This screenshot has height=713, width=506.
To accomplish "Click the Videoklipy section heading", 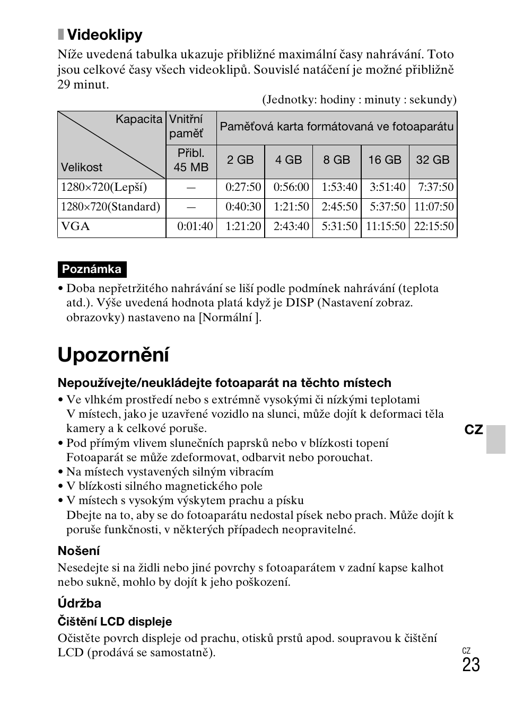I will click(x=104, y=35).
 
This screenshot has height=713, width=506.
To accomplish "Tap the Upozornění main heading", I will click(x=114, y=355).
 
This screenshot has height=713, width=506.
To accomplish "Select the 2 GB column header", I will click(x=240, y=160).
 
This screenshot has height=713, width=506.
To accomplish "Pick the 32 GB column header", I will click(x=432, y=160).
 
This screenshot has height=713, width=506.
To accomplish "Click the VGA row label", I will click(x=75, y=227).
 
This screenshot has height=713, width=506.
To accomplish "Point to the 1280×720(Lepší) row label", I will click(x=104, y=187).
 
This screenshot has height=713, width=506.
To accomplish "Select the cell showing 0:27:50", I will click(x=243, y=187).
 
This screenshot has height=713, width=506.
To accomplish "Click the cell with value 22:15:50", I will click(x=434, y=227).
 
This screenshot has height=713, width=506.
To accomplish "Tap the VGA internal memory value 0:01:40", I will click(x=195, y=227).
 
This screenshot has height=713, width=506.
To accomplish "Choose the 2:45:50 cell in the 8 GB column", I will click(x=339, y=207).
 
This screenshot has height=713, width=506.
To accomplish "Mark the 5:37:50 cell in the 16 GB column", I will click(x=387, y=207).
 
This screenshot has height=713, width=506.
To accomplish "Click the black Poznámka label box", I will click(x=92, y=269).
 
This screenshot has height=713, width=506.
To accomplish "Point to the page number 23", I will click(x=470, y=665).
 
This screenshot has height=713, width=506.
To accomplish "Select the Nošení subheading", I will click(x=78, y=551).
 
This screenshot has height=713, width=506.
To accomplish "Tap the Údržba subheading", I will click(x=80, y=603).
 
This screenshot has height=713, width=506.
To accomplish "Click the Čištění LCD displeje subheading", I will click(x=115, y=621).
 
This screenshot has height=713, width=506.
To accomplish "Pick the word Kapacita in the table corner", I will click(x=139, y=119).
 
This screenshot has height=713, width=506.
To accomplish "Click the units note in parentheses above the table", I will click(x=359, y=100).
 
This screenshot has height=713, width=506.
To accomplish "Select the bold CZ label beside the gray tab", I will click(x=474, y=430).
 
